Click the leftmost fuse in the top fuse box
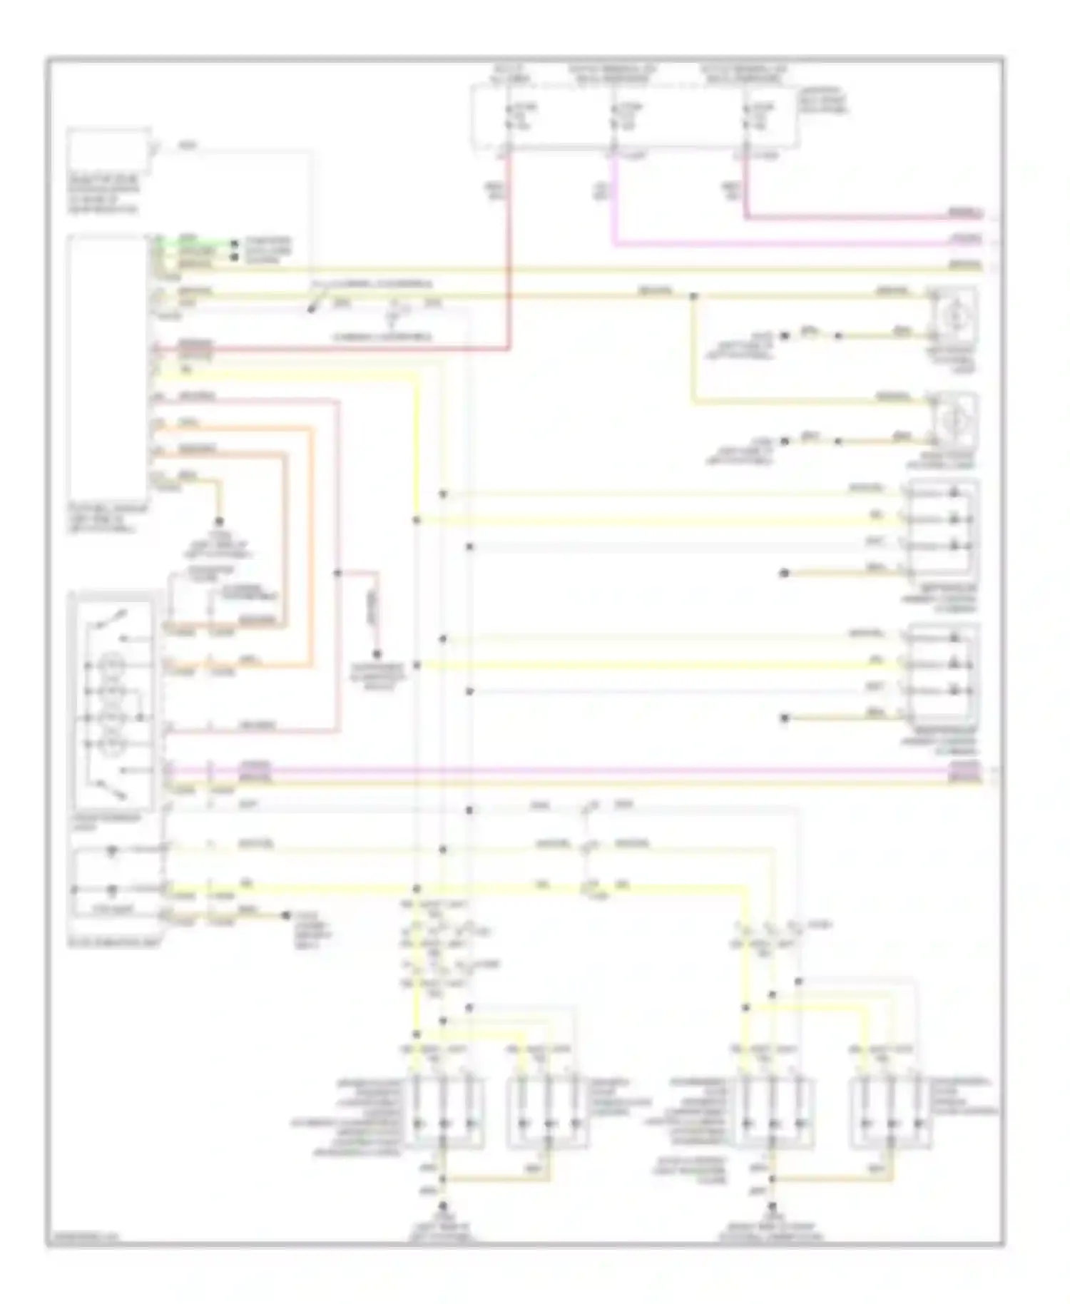click(x=509, y=117)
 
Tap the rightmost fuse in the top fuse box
click(x=745, y=117)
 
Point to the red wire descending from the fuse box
click(x=509, y=250)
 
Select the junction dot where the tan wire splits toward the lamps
click(x=693, y=295)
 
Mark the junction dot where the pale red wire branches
click(x=337, y=572)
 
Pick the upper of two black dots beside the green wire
click(x=234, y=243)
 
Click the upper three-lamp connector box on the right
click(x=941, y=529)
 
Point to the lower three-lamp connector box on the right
click(x=941, y=673)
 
